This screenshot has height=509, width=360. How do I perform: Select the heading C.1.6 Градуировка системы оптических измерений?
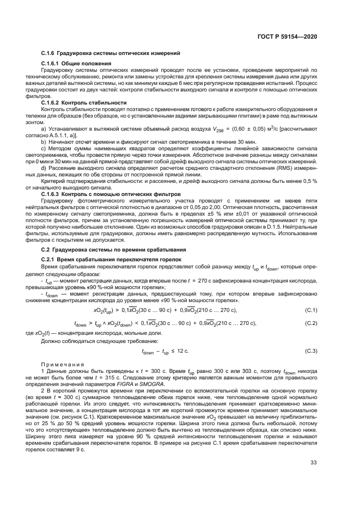pyautogui.click(x=111, y=53)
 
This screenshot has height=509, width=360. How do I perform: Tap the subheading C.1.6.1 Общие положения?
pyautogui.click(x=76, y=64)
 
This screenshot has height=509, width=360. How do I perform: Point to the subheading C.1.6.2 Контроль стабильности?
pyautogui.click(x=84, y=102)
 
